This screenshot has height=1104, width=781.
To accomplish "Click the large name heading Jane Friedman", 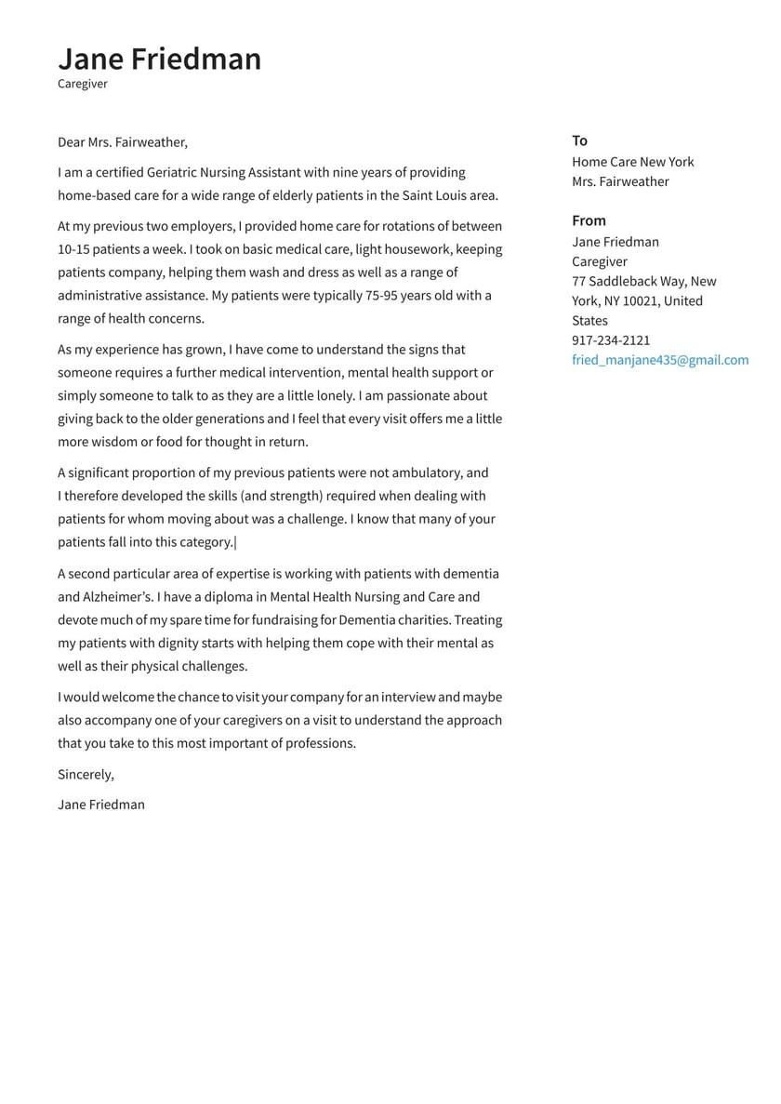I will (159, 59).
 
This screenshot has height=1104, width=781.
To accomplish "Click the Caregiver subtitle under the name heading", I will (83, 84).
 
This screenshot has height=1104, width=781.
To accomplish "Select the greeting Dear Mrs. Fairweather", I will (122, 142).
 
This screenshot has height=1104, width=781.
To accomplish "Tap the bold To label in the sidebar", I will (579, 140).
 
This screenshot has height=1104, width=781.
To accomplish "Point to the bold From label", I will (589, 220).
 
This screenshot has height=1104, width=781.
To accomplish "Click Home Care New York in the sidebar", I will (632, 162).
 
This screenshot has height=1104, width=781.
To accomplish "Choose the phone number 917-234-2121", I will (611, 340).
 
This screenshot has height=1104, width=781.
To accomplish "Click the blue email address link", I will (659, 360).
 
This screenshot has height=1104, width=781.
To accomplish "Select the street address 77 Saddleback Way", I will (629, 281).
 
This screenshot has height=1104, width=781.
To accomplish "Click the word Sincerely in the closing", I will (86, 774).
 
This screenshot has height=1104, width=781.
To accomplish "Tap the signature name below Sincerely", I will (100, 805).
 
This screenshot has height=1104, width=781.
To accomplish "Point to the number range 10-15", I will (74, 249).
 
